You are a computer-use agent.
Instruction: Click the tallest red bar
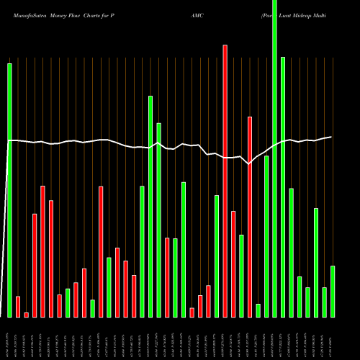tap(225, 180)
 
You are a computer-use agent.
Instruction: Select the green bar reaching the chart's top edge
tap(274, 158)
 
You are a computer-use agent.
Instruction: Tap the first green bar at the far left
tap(10, 190)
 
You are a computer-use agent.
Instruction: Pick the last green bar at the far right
tap(333, 292)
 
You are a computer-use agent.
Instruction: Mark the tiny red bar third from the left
tap(27, 315)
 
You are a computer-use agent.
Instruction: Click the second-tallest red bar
tap(250, 216)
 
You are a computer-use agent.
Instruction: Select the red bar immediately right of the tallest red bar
tap(233, 264)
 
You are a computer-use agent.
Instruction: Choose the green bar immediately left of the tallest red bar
tap(217, 256)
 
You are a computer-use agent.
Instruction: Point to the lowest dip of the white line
tap(249, 164)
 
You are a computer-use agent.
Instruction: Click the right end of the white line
tap(331, 137)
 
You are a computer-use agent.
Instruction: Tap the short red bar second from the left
tap(18, 307)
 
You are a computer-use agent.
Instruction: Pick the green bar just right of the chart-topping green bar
tap(283, 187)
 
